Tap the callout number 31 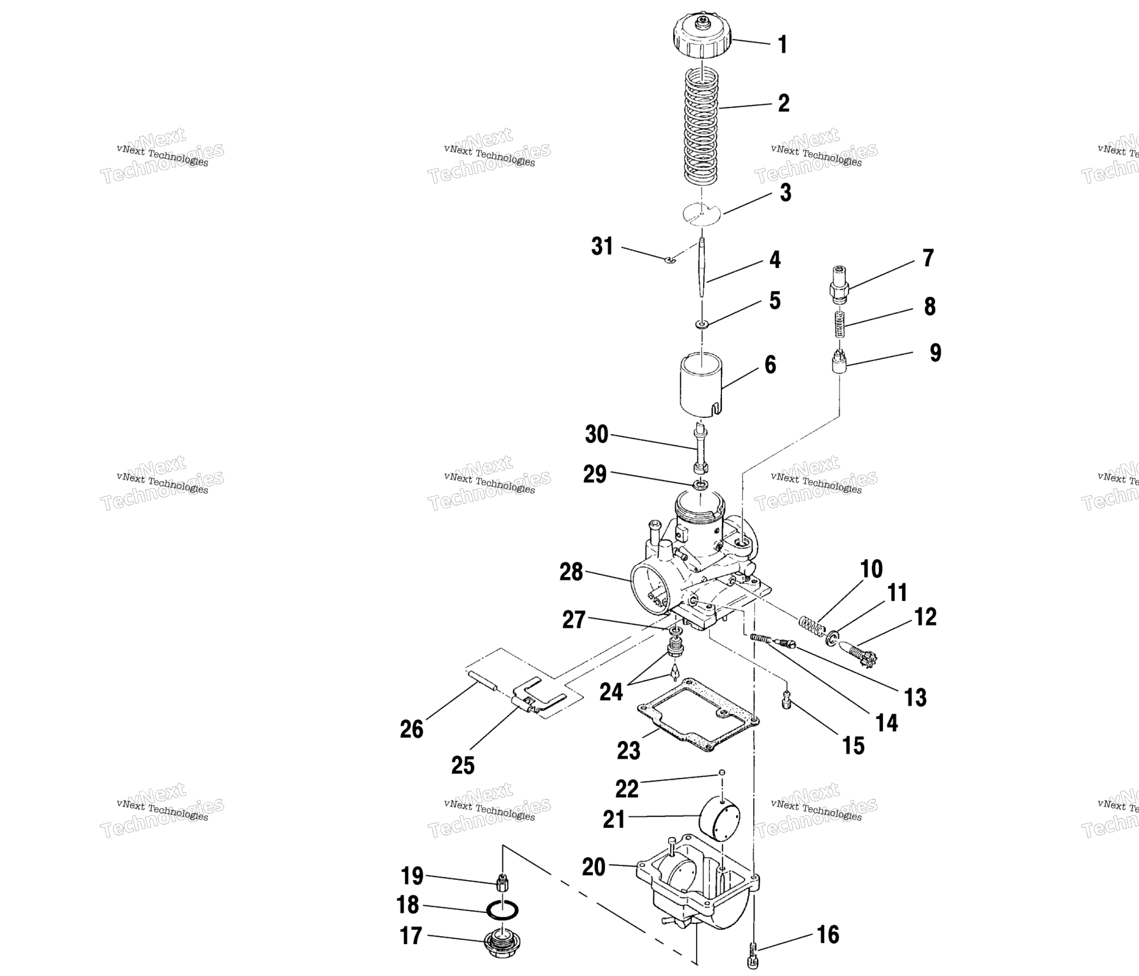point(602,247)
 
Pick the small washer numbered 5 point(702,325)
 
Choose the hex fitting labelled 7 point(839,283)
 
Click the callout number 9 point(935,353)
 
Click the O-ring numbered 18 point(502,911)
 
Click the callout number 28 point(571,572)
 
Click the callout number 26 point(411,729)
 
